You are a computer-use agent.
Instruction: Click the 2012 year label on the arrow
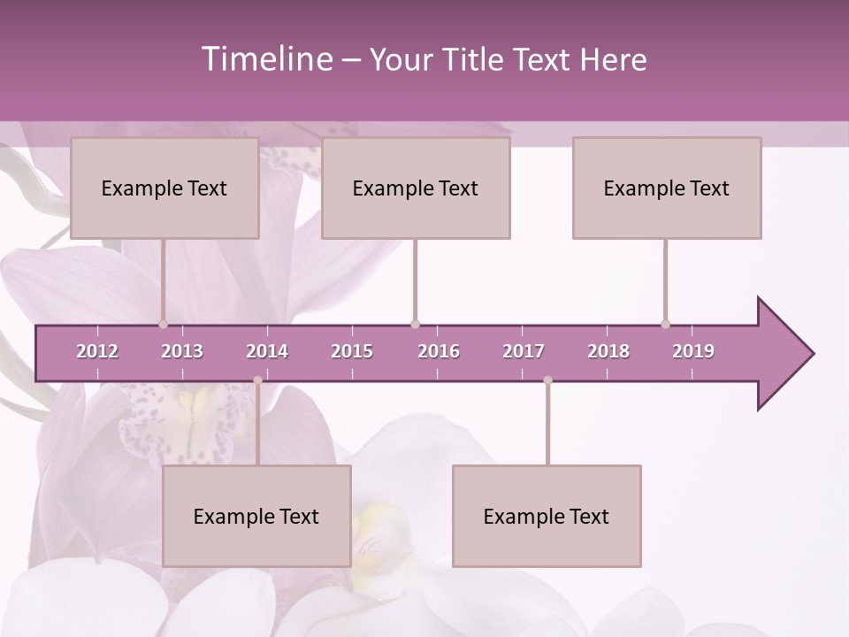pos(97,351)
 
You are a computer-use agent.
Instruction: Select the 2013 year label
pos(182,351)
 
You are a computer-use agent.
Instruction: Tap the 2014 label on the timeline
pos(267,351)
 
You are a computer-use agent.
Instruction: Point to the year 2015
pos(352,351)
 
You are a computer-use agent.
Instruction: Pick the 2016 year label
pos(439,351)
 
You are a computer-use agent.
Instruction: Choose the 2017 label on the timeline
pos(524,351)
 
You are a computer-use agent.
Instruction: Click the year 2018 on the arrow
pos(608,351)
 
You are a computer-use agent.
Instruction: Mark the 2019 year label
pos(693,351)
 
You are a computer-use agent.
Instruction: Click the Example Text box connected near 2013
pos(164,188)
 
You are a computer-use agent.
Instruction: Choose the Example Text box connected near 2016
pos(416,188)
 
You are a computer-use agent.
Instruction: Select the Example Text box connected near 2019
pos(667,188)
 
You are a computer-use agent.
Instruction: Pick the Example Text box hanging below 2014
pos(256,516)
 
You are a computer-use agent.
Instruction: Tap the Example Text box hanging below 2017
pos(547,516)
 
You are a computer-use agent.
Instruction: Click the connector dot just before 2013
pos(163,324)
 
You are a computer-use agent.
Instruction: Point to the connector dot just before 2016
pos(415,324)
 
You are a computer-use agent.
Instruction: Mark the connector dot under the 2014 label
pos(257,380)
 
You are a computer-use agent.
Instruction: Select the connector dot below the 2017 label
pos(547,380)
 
